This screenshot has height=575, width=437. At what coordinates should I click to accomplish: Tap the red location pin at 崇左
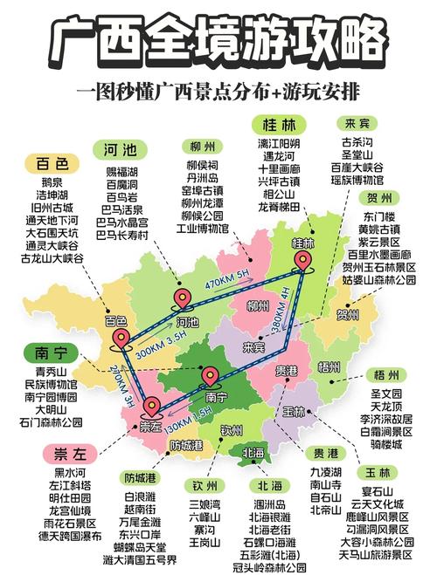(152, 405)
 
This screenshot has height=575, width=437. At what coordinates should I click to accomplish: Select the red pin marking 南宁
(210, 375)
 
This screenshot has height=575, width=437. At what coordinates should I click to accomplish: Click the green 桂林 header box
(275, 125)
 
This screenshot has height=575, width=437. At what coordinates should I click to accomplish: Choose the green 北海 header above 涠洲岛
(266, 485)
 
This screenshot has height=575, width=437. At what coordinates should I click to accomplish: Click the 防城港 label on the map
(187, 445)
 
